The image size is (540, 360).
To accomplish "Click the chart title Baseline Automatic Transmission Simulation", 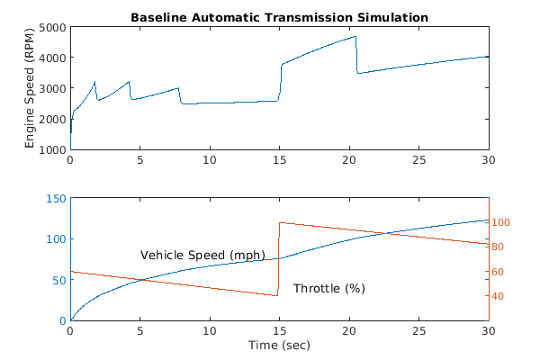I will tap(279, 17).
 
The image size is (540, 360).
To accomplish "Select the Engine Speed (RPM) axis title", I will tap(30, 88).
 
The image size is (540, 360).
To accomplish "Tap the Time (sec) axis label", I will tap(279, 345).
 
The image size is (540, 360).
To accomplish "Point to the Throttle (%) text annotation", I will tap(328, 289).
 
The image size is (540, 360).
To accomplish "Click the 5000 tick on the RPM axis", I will tap(50, 28).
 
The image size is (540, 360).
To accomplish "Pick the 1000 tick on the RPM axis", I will tap(50, 149).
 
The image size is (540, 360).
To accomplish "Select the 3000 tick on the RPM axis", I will tap(50, 89).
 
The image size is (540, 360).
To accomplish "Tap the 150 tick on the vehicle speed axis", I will tap(54, 199).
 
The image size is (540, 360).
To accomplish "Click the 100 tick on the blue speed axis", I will tap(54, 239).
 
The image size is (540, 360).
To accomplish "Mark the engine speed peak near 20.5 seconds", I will tap(355, 37).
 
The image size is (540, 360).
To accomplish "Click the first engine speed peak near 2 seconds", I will tap(95, 82).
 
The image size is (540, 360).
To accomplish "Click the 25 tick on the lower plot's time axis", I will tap(418, 330).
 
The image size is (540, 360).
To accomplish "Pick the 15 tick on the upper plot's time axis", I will tap(279, 159).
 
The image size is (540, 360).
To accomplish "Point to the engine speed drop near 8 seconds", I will tap(180, 95).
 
